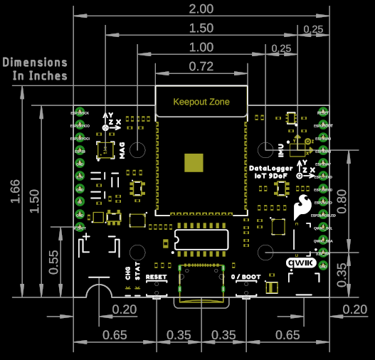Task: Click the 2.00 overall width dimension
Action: (201, 9)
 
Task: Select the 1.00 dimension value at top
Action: (201, 48)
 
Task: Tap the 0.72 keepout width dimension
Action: (201, 67)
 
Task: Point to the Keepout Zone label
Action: (201, 102)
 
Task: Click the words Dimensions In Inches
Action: (35, 69)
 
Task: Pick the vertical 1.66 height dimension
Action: (16, 191)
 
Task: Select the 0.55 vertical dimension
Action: (54, 262)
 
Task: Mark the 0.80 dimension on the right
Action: (343, 195)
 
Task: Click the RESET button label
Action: (155, 276)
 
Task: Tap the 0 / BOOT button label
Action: (246, 276)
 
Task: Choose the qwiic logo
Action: (300, 262)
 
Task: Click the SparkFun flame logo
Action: (302, 206)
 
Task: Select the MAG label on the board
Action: (122, 150)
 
